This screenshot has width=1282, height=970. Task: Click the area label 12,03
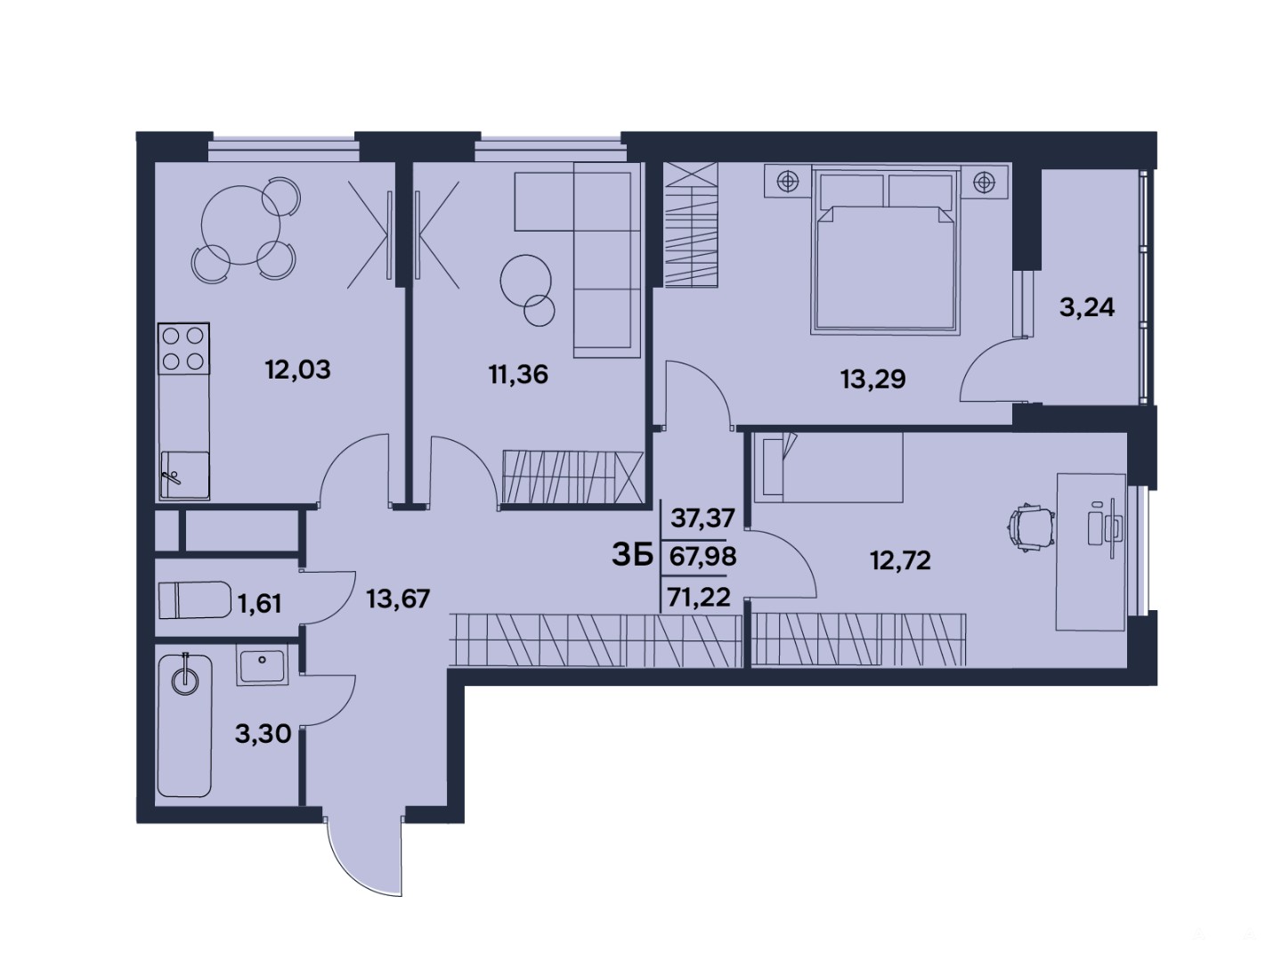click(x=298, y=370)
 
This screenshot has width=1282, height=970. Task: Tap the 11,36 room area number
click(x=519, y=375)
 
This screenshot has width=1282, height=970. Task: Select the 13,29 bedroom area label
click(x=873, y=379)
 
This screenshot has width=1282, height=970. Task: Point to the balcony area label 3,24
click(x=1087, y=306)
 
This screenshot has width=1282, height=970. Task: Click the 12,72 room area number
click(x=901, y=561)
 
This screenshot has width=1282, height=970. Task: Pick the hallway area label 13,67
click(x=398, y=599)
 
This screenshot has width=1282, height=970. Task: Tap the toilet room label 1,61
click(x=260, y=603)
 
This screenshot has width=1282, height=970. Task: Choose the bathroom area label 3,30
click(x=263, y=733)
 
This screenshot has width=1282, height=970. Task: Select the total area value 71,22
click(x=701, y=597)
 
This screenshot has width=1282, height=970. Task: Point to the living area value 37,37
click(x=702, y=518)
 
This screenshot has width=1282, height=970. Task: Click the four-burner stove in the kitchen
click(x=183, y=348)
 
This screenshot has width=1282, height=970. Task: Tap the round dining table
click(x=240, y=225)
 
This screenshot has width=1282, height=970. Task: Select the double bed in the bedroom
click(x=886, y=250)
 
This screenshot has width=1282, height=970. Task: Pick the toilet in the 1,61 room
click(x=194, y=599)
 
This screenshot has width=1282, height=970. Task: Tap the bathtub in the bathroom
click(x=184, y=726)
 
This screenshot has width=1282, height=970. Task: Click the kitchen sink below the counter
click(x=184, y=475)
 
